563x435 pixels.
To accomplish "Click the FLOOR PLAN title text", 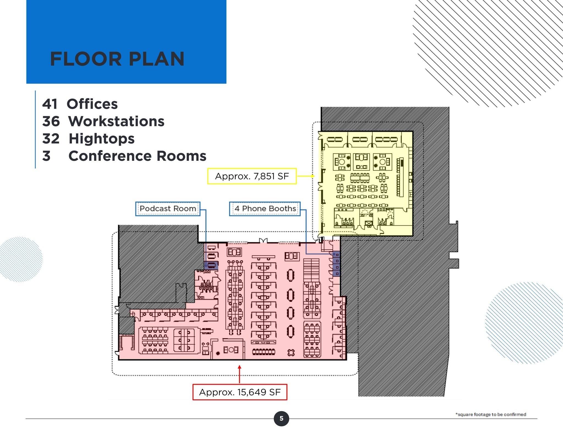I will click(x=117, y=59).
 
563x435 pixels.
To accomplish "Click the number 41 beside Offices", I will click(x=50, y=104).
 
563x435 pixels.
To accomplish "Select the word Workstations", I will click(x=116, y=121).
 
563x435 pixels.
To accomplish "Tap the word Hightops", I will click(x=101, y=139).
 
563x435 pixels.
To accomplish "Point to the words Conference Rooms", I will click(x=137, y=156).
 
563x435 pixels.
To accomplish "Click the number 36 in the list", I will click(x=51, y=121).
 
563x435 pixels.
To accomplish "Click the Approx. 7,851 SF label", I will click(x=252, y=176).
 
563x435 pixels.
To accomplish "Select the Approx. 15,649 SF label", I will click(x=240, y=392).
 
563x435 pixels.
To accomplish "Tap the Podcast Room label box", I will click(x=168, y=209).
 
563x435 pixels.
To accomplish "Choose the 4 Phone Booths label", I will click(x=265, y=209).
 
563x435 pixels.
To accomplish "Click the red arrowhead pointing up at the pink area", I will click(x=239, y=367).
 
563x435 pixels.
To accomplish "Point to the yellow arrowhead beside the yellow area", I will click(x=313, y=176).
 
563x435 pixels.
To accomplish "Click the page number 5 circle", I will click(x=281, y=419).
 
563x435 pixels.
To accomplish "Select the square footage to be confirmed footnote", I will click(x=491, y=414).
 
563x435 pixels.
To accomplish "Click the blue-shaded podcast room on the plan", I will click(x=211, y=265).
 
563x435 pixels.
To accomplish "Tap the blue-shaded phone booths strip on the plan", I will click(x=336, y=264).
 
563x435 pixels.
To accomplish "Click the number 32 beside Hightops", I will click(x=51, y=139).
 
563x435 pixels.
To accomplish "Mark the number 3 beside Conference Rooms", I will click(x=46, y=156).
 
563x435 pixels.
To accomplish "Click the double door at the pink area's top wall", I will click(x=263, y=241).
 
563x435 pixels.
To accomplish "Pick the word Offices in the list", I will click(x=92, y=104).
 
